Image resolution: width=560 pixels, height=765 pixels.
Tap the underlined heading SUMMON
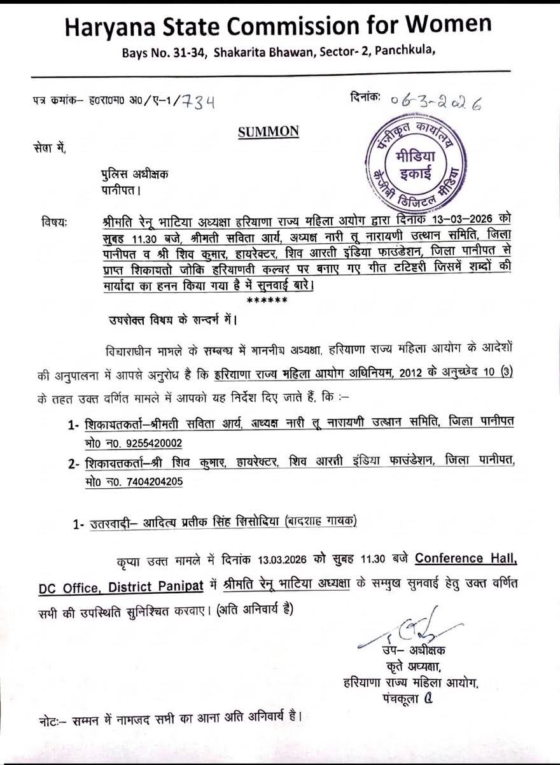coord(268,132)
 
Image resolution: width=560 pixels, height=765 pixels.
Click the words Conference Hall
coord(466,558)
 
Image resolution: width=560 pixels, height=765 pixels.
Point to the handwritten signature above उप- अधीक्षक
coord(407,628)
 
